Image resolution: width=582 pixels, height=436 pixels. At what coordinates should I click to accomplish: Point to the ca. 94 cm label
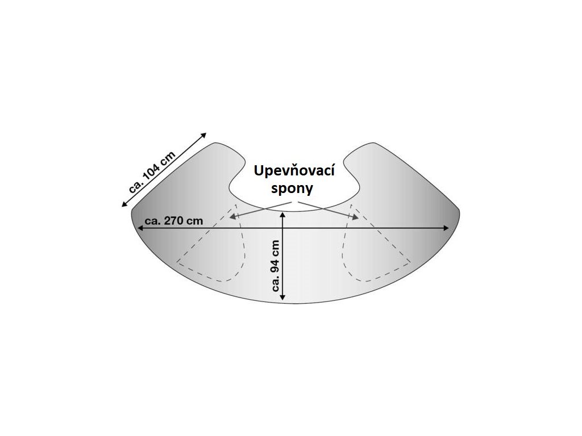(276, 265)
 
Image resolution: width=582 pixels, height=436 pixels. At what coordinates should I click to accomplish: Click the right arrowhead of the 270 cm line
(447, 228)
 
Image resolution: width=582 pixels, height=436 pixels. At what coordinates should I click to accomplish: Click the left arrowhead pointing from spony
(232, 215)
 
